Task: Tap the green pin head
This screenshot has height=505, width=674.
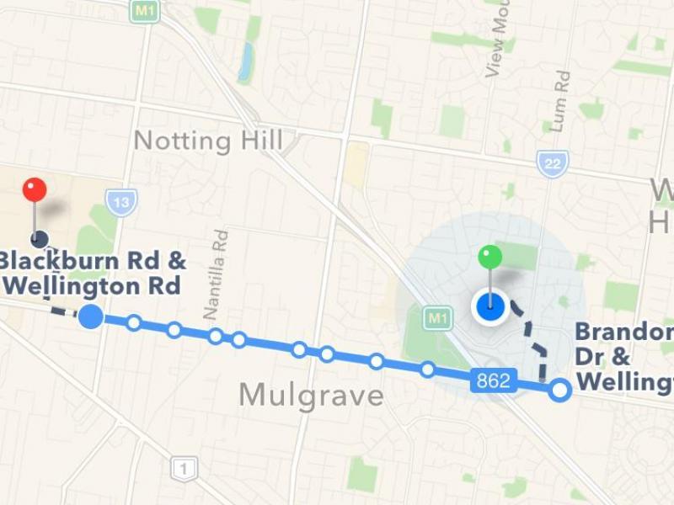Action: point(489,257)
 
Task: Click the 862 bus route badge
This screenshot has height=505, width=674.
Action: point(493,381)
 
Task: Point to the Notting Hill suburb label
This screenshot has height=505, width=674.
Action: point(209,141)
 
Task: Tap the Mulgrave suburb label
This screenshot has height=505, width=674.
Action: point(311,395)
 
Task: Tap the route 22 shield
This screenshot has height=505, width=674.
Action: point(552,163)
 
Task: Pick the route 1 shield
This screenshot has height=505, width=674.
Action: point(183,468)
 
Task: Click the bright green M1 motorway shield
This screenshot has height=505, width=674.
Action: point(436,318)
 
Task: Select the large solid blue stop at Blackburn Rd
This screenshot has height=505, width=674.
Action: point(91,316)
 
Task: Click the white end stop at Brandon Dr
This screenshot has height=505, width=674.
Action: point(559,390)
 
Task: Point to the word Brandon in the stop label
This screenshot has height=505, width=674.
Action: point(623,332)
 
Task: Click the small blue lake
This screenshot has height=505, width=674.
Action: point(246,61)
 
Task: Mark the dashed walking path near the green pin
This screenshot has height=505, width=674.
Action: point(537,345)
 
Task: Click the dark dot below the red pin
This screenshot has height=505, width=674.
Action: point(39,240)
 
